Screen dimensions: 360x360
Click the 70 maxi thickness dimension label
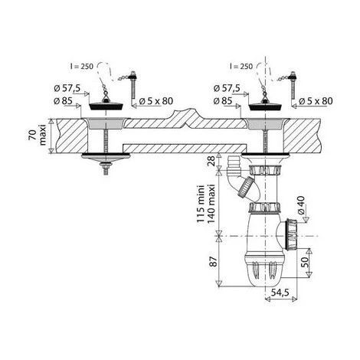coord(37,135)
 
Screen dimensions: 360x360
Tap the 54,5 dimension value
coord(280,293)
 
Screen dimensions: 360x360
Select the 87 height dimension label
coord(213,261)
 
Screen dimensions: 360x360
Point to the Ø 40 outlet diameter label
coord(300,205)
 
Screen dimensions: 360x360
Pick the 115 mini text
coord(201,204)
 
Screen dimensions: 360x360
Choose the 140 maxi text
coord(211,204)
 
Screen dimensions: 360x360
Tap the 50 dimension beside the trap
coord(305,262)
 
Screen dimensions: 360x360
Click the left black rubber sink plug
coord(106,106)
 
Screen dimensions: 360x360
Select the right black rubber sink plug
coord(266,106)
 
